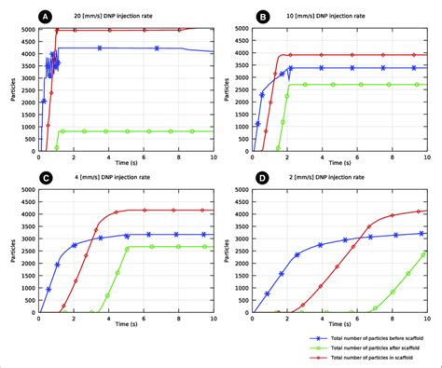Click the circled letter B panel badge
click(264, 16)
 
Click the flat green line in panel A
click(140, 131)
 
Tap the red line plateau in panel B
click(354, 54)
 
